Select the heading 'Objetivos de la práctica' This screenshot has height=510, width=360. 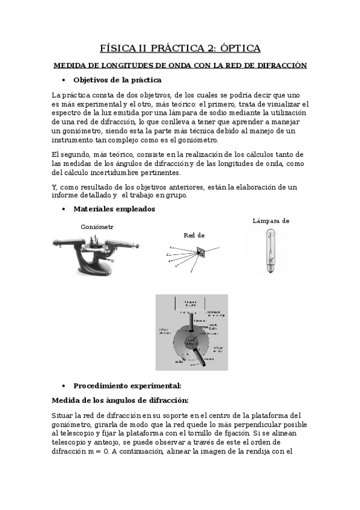[x=117, y=79]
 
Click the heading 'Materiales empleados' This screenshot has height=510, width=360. [x=114, y=209]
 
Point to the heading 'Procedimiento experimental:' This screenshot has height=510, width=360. [x=127, y=386]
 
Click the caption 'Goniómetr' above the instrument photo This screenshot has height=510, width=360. [x=97, y=227]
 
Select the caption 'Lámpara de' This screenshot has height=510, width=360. [x=271, y=221]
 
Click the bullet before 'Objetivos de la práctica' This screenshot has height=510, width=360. [x=64, y=80]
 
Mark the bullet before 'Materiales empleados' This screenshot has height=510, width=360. [x=64, y=209]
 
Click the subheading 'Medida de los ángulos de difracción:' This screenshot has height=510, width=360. [x=120, y=401]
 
